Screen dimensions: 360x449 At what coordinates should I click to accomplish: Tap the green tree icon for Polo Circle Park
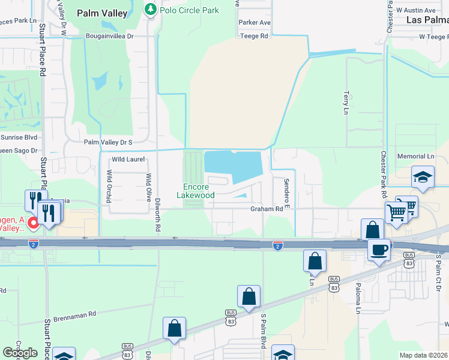(x=150, y=10)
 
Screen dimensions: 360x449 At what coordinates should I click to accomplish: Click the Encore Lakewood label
(x=196, y=191)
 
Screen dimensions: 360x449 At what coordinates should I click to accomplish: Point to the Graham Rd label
(x=267, y=209)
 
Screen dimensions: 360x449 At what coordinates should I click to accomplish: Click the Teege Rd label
(x=255, y=36)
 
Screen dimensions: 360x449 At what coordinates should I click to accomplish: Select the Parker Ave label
(x=255, y=22)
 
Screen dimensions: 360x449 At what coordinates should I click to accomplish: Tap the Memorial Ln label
(x=415, y=156)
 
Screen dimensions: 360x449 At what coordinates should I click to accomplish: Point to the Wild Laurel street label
(x=129, y=160)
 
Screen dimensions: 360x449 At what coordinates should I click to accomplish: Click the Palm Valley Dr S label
(x=108, y=142)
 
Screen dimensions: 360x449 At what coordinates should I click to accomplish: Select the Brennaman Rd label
(x=75, y=314)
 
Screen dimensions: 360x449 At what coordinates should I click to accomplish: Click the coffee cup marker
(x=379, y=250)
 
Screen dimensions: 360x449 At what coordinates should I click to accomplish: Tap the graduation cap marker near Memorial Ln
(x=423, y=178)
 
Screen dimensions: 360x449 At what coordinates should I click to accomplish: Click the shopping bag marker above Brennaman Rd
(x=174, y=328)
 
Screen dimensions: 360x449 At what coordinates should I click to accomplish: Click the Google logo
(x=20, y=353)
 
